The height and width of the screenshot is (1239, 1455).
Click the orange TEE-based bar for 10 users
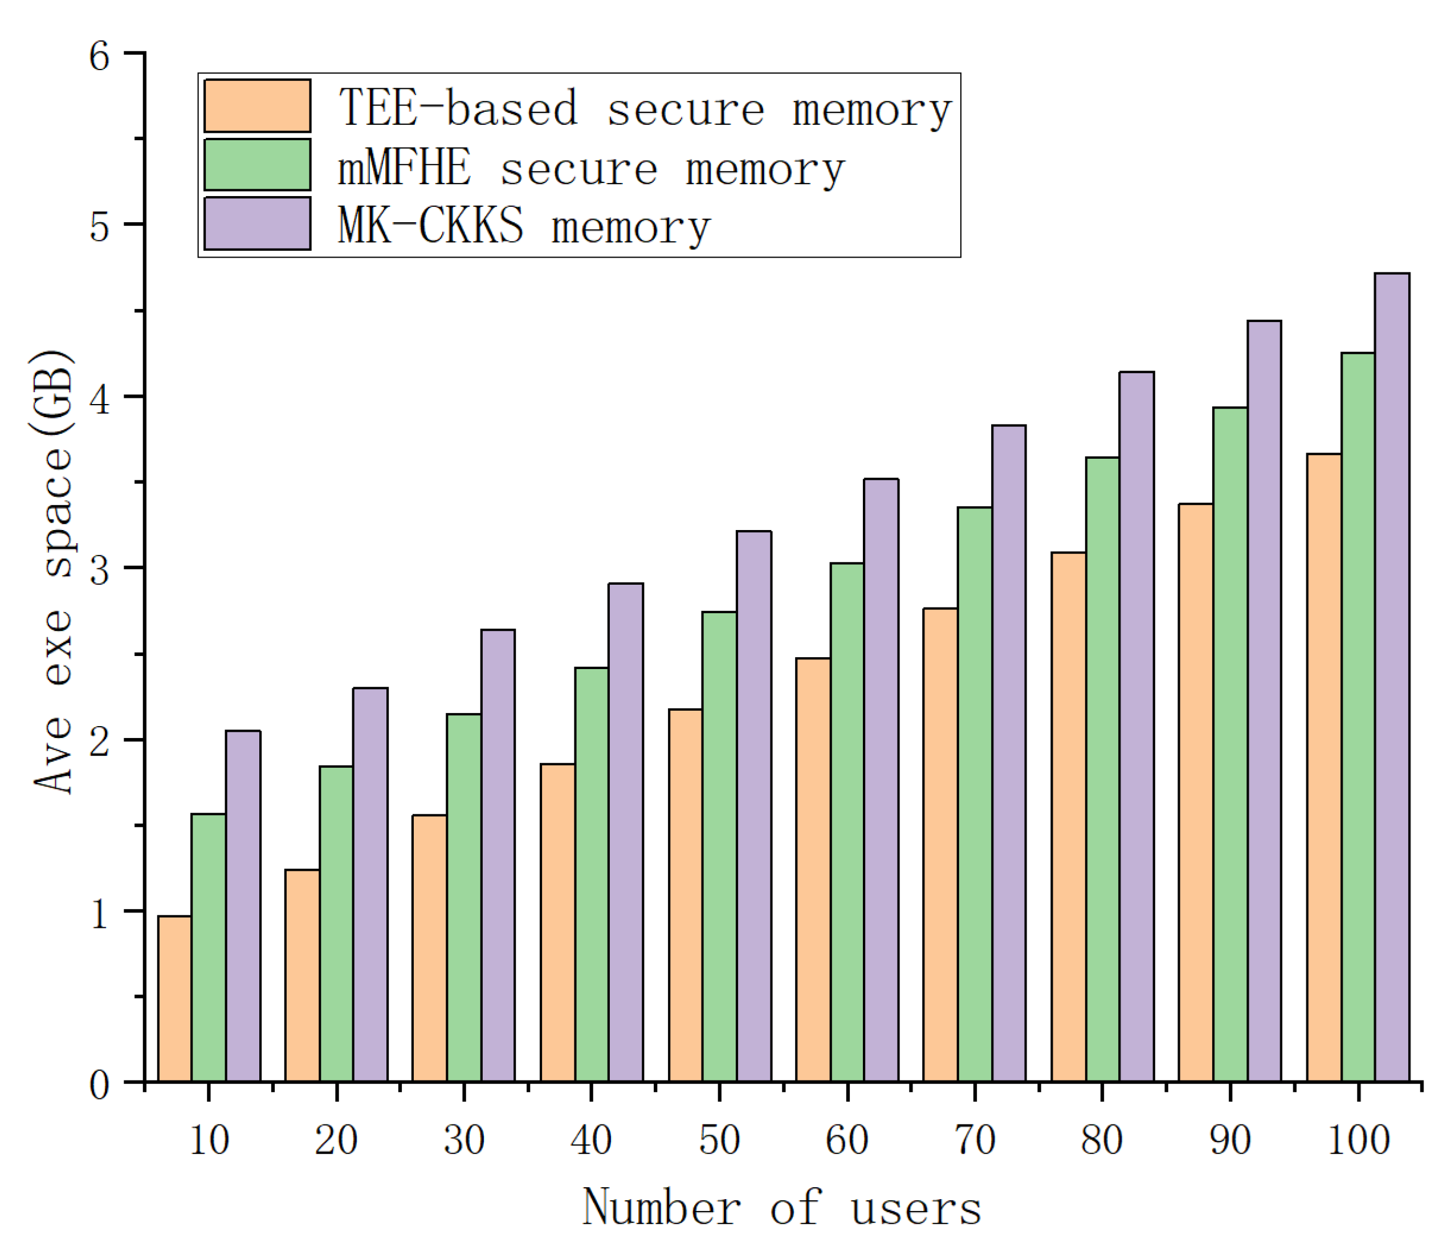coord(175,998)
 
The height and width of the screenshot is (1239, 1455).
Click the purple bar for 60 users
coord(881,780)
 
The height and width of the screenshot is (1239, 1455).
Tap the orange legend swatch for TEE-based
coord(257,105)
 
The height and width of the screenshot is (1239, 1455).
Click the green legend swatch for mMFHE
coord(257,164)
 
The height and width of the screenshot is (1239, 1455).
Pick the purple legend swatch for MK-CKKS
coord(257,223)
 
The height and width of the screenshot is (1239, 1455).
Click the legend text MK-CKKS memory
coord(524,226)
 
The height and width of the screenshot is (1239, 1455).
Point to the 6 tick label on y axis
coord(99,55)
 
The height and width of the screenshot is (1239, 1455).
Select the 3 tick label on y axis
coord(99,569)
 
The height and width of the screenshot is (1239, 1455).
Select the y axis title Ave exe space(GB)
coord(52,572)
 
